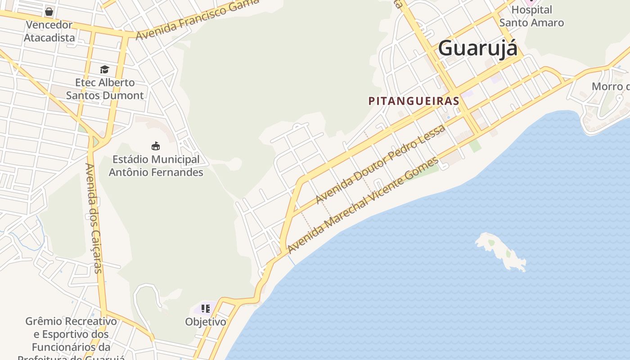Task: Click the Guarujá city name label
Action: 477,48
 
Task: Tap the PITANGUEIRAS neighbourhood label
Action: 414,101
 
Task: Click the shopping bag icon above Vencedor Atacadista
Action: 49,11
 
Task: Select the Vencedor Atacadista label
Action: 49,31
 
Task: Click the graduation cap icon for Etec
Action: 104,69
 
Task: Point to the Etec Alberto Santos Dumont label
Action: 105,89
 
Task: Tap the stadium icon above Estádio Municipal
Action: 156,146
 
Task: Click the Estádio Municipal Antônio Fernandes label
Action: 156,166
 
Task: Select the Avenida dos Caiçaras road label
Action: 94,218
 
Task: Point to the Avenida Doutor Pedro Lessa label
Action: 380,164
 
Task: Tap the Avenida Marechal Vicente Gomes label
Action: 363,205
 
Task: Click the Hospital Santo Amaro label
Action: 531,16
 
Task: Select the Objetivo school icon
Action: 206,309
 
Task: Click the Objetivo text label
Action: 206,322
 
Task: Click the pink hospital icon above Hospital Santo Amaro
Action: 531,1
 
